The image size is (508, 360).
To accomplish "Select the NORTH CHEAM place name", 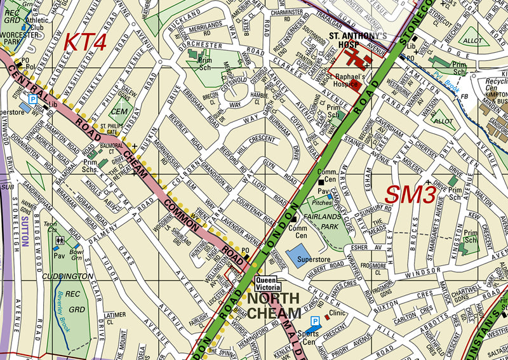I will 274,305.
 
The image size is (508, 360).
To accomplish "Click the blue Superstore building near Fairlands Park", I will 303,256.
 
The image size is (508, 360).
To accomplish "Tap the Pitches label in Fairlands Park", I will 322,203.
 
